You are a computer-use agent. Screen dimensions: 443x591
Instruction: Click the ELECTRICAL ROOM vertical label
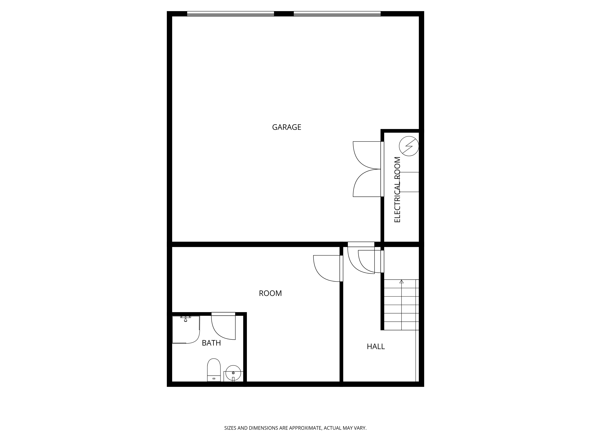(397, 190)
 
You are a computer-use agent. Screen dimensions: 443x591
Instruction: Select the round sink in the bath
(233, 373)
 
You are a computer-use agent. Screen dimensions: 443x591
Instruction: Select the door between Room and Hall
(327, 268)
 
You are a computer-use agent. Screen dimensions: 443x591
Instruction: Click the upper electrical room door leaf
(367, 155)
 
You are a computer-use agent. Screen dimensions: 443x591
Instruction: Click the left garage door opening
(230, 14)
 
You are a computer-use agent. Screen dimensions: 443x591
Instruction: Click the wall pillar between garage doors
(284, 14)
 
